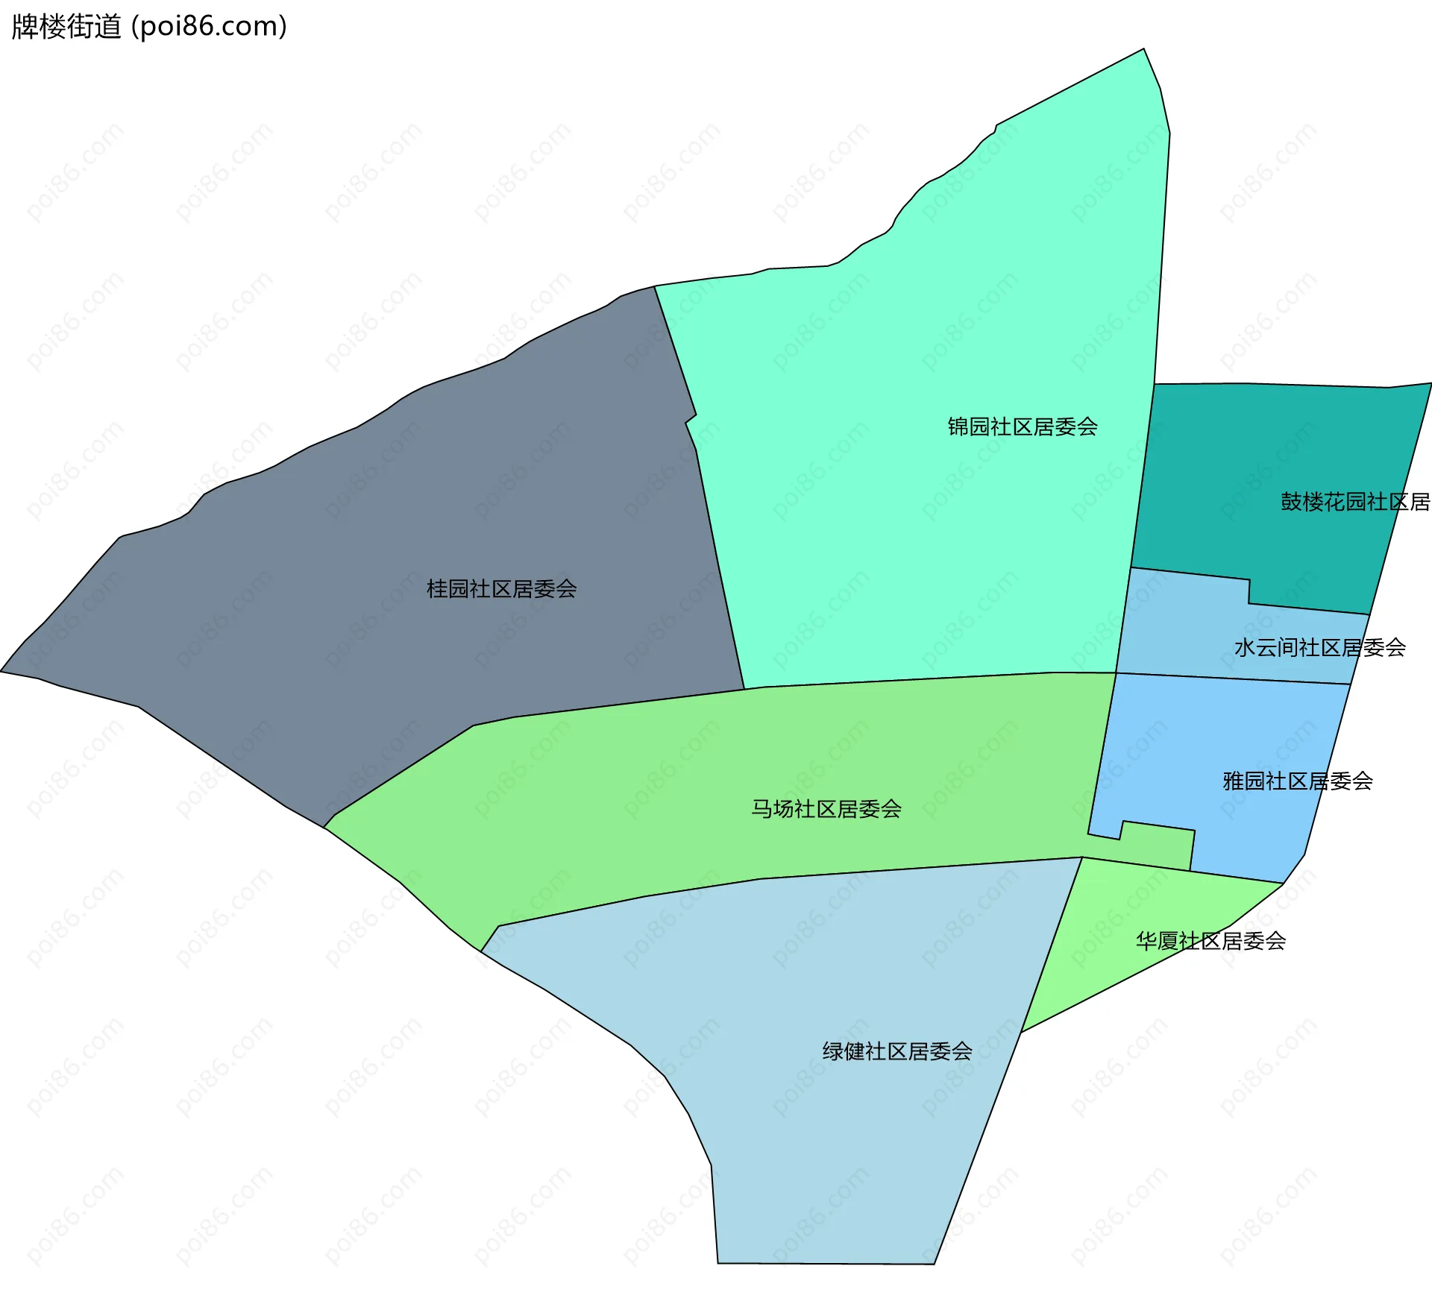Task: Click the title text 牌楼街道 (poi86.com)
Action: pos(149,27)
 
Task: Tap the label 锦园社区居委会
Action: pos(1022,426)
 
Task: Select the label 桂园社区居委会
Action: pos(501,589)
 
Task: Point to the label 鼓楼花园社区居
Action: pos(1354,502)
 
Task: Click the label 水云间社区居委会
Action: pos(1319,647)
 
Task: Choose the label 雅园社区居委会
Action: pos(1297,781)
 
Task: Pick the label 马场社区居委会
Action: pos(826,809)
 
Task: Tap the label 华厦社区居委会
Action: pos(1210,941)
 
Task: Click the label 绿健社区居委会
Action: pos(896,1051)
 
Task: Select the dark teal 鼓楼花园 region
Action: pos(1253,447)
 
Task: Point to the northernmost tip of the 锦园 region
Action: pos(1143,50)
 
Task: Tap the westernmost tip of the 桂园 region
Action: pos(2,671)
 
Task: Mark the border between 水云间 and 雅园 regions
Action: pos(1231,678)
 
